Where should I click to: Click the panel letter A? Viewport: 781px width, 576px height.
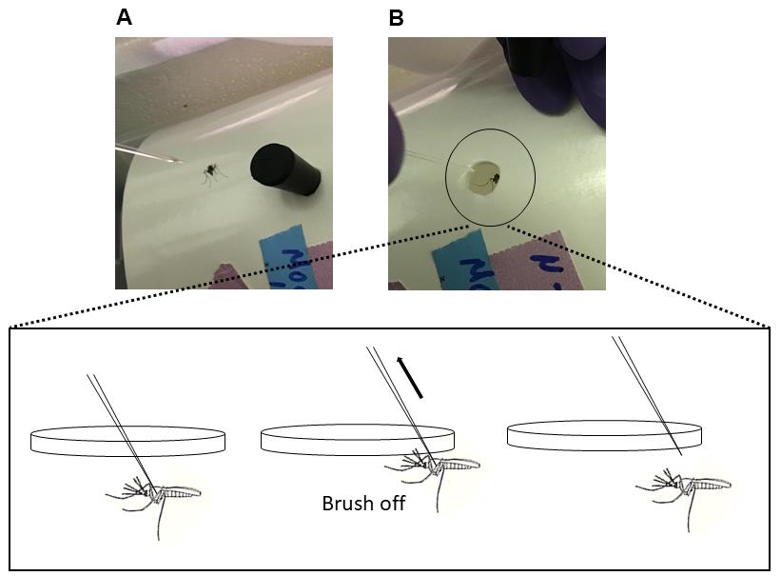[124, 17]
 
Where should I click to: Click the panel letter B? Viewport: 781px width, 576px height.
[397, 17]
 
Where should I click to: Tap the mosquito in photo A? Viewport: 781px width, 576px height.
[211, 172]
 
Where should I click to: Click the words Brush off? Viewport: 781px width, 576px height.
[362, 503]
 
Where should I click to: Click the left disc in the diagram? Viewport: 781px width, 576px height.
[127, 440]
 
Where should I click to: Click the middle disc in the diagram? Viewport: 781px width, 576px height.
[357, 439]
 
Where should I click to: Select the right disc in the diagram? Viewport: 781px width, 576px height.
[604, 435]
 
